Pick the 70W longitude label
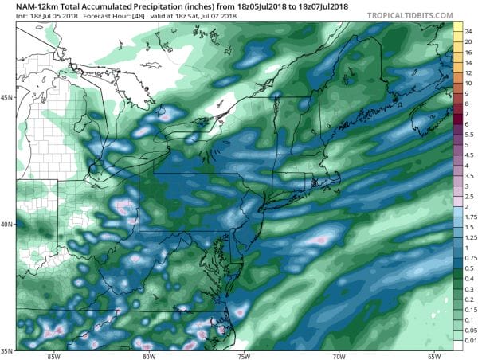tap(339, 355)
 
